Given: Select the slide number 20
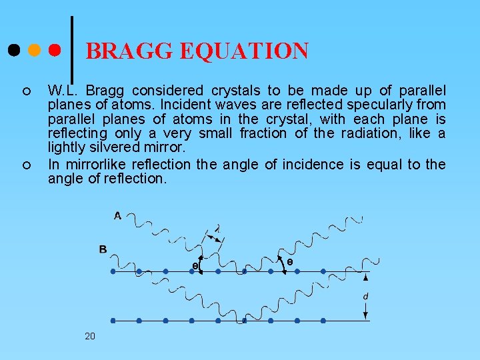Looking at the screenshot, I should [90, 336].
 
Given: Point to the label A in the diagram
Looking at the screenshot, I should [117, 215].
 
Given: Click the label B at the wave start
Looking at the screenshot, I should [103, 249].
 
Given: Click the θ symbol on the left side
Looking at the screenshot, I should [195, 266].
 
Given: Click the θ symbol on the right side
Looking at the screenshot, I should [289, 263].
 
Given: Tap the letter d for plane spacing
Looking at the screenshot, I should [365, 295].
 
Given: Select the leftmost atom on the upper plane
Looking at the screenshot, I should [113, 272].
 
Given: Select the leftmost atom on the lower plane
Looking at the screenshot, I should [113, 321].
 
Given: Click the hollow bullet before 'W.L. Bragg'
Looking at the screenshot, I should [25, 91].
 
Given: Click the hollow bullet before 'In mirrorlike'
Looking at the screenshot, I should [25, 165].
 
